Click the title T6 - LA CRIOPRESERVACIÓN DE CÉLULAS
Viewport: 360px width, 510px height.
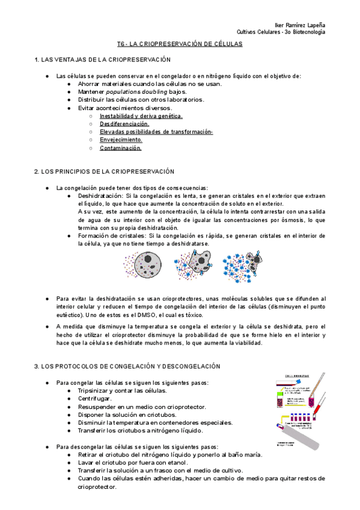[179, 44]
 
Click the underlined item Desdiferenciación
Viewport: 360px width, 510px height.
[124, 123]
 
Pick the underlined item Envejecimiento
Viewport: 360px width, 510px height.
[121, 139]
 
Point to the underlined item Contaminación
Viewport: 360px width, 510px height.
[121, 147]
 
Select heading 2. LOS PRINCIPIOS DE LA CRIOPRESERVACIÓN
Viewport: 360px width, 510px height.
[104, 171]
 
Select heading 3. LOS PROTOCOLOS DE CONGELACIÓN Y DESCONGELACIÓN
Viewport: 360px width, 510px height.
[127, 366]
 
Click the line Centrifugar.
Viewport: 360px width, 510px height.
[94, 399]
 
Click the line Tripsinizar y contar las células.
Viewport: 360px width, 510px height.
[122, 391]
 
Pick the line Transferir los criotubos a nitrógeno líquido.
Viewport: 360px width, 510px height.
[141, 431]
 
